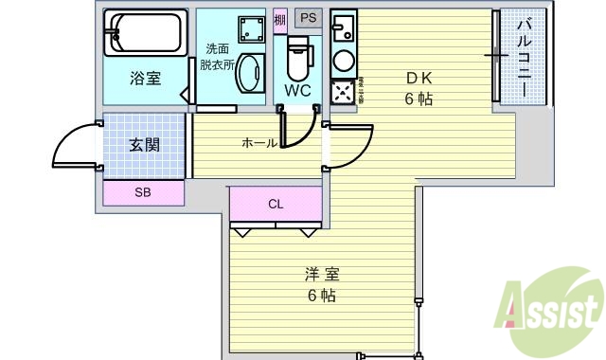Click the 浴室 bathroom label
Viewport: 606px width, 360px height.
tap(144, 79)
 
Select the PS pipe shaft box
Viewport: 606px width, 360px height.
tap(307, 18)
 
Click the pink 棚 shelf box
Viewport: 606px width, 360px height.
tap(279, 20)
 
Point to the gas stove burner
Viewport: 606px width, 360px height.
tap(342, 91)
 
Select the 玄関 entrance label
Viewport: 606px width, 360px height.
tap(143, 145)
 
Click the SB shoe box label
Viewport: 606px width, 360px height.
tap(142, 193)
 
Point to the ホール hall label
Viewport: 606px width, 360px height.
tap(258, 143)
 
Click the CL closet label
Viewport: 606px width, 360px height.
tap(276, 204)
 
